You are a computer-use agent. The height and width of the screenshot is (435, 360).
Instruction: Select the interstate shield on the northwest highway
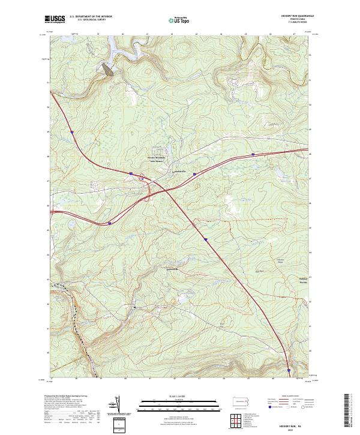tap(71, 131)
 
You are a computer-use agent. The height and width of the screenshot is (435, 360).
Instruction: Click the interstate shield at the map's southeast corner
tap(289, 371)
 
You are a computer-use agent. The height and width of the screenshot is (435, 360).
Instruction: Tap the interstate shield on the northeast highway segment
tap(253, 154)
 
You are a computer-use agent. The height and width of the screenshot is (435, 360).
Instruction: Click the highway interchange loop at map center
tap(142, 178)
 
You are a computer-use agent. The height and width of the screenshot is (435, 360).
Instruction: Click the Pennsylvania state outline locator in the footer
tap(241, 401)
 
